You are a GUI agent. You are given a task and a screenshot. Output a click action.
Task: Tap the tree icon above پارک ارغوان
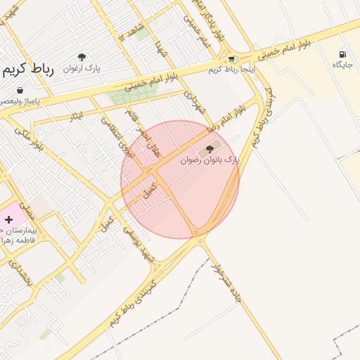82,57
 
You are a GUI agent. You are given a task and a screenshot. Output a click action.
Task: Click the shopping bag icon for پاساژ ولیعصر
20,91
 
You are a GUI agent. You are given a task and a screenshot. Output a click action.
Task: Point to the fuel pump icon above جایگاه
342,54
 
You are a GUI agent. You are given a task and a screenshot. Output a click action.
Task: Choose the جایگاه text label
342,65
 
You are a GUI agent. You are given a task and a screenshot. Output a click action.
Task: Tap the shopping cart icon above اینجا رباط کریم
232,59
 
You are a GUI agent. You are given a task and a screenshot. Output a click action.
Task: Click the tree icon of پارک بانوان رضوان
208,148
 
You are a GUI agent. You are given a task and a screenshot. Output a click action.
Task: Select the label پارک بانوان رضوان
210,160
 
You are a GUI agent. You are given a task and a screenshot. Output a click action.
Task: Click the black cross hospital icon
8,220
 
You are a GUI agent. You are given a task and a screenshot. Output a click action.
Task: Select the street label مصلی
28,208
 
